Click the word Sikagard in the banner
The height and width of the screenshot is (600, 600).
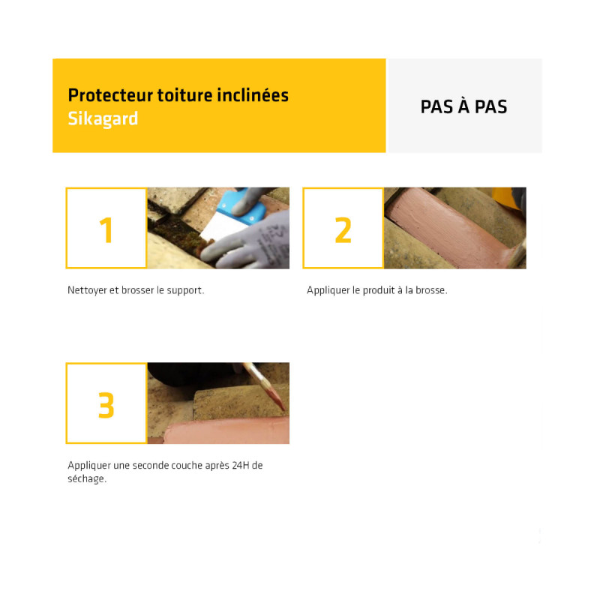tap(103, 119)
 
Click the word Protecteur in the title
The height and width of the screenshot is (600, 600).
tap(110, 95)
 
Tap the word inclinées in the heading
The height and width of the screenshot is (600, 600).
tap(253, 95)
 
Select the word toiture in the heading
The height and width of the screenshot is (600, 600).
tap(184, 95)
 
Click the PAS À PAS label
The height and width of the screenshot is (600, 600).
tap(463, 106)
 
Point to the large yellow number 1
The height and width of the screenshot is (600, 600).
tap(106, 230)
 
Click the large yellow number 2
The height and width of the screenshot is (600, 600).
tap(343, 230)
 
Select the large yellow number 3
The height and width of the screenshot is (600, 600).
tap(106, 405)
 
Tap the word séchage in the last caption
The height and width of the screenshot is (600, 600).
tap(85, 479)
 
